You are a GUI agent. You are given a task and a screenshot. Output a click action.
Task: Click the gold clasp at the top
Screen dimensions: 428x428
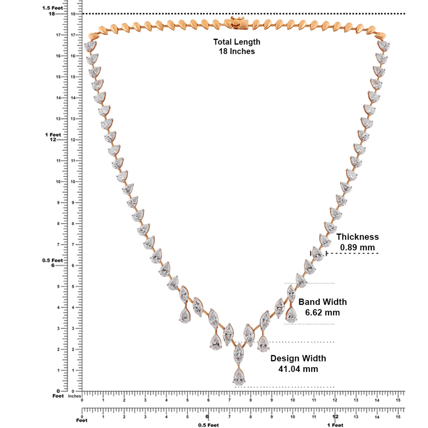click(x=238, y=23)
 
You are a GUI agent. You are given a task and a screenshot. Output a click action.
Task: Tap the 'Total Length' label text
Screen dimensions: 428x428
click(x=237, y=42)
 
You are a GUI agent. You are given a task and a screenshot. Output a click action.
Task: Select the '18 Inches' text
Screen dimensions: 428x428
click(x=237, y=51)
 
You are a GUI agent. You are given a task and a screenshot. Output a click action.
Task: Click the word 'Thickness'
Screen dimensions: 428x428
click(x=357, y=237)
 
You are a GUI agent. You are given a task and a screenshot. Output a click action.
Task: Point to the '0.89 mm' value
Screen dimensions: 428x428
click(x=357, y=247)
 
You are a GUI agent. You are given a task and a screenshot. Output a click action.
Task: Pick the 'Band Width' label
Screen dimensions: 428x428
click(x=322, y=302)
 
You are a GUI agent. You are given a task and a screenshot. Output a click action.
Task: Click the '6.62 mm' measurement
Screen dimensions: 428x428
click(x=322, y=312)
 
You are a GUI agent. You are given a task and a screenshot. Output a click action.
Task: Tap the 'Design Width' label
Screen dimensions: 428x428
click(x=298, y=358)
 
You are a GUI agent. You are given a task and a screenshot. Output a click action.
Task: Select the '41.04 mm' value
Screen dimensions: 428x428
click(x=298, y=369)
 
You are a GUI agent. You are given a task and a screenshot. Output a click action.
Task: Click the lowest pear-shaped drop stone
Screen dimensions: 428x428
click(x=239, y=377)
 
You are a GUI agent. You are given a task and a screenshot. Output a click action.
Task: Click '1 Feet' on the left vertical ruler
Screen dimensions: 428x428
click(x=53, y=135)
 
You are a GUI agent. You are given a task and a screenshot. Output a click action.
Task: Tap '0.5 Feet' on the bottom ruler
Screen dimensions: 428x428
click(x=208, y=425)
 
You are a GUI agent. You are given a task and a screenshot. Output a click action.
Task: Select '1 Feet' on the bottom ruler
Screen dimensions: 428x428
click(x=335, y=425)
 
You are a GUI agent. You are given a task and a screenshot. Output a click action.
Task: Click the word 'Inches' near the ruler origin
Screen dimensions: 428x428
click(x=74, y=396)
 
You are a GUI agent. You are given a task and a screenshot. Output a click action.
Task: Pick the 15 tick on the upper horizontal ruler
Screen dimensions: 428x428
click(x=398, y=400)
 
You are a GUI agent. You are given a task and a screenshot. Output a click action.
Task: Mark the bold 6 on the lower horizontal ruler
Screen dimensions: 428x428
click(x=207, y=417)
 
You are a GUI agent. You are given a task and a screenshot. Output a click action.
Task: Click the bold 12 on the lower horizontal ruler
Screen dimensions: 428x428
click(x=335, y=417)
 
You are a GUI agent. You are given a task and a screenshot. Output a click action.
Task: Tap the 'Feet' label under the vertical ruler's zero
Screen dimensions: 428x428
click(x=58, y=396)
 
